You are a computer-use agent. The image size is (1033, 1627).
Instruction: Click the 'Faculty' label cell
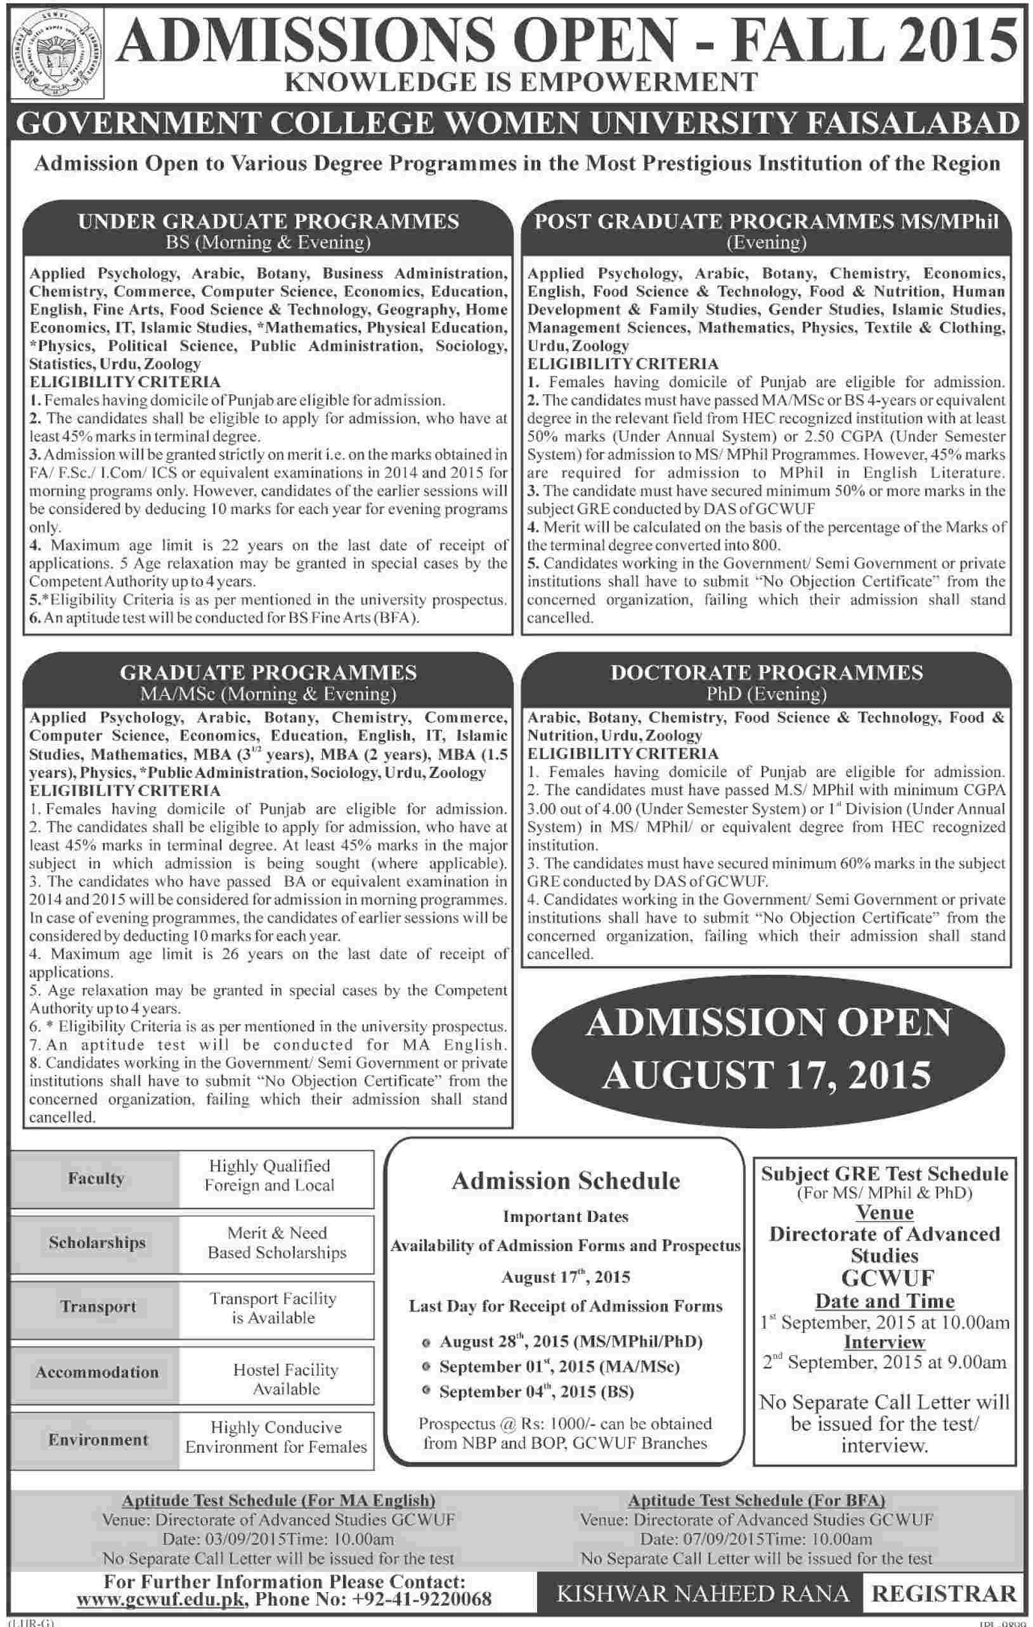point(96,1178)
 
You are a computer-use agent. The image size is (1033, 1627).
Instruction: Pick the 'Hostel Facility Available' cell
point(285,1379)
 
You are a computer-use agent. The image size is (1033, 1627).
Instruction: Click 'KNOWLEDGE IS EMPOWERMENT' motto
point(521,82)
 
